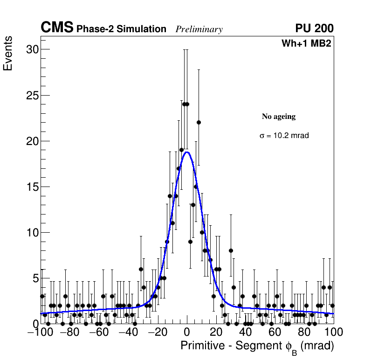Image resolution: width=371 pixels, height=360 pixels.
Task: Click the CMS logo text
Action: pyautogui.click(x=57, y=28)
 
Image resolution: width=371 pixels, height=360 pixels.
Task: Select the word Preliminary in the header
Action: pyautogui.click(x=199, y=29)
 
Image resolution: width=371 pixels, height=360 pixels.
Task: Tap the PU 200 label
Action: pyautogui.click(x=314, y=28)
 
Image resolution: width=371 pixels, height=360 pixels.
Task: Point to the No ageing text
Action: pyautogui.click(x=279, y=117)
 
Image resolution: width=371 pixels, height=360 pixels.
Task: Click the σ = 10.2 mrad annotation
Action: pyautogui.click(x=284, y=136)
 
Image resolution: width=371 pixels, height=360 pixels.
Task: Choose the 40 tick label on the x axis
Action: pyautogui.click(x=246, y=332)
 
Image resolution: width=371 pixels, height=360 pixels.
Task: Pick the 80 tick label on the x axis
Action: pyautogui.click(x=304, y=332)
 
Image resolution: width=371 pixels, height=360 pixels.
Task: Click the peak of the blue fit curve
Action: pyautogui.click(x=187, y=152)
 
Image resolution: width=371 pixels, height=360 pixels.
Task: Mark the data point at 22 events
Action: pyautogui.click(x=199, y=122)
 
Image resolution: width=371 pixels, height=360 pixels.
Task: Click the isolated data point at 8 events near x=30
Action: pyautogui.click(x=231, y=250)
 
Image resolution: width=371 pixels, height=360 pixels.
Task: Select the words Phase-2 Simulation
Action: pyautogui.click(x=121, y=29)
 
